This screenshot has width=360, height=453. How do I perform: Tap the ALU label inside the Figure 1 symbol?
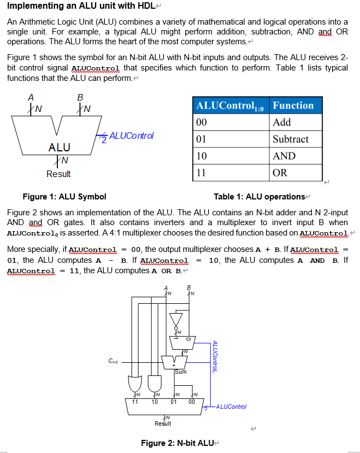pos(59,147)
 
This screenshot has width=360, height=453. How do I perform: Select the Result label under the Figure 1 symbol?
pos(58,174)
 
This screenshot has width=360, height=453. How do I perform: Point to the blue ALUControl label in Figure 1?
pos(132,135)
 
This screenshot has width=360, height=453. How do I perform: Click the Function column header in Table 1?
pos(293,105)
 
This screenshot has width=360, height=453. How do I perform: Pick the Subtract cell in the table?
pos(291,139)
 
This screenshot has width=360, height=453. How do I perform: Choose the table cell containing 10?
pos(202,156)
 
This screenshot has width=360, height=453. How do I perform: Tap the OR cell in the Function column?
pos(279,173)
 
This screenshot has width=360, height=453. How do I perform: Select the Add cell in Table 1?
pos(282,122)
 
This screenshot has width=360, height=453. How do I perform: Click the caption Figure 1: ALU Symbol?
pos(64,197)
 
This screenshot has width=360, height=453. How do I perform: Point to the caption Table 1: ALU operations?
pos(259,197)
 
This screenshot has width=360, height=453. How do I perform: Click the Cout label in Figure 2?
pos(111,360)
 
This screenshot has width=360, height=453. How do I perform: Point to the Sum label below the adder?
pos(181,372)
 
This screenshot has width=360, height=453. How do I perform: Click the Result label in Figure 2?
pos(163,423)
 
